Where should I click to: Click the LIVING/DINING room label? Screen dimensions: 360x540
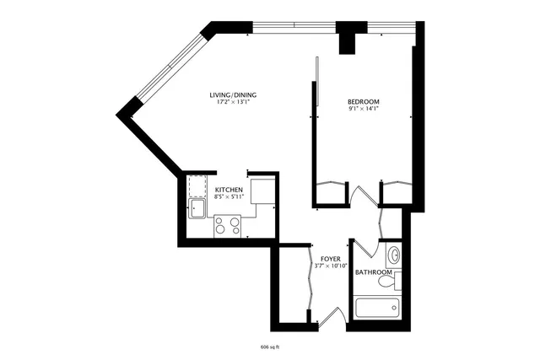pyautogui.click(x=233, y=94)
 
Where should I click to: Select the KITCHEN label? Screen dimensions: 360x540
pyautogui.click(x=229, y=191)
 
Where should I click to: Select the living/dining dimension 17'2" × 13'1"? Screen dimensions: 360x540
pyautogui.click(x=233, y=102)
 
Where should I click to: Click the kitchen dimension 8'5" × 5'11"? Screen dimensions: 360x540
pyautogui.click(x=229, y=198)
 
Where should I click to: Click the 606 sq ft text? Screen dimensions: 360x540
pyautogui.click(x=270, y=346)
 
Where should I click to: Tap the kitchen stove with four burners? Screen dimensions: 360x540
pyautogui.click(x=228, y=226)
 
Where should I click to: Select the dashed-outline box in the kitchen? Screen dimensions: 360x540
pyautogui.click(x=199, y=185)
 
